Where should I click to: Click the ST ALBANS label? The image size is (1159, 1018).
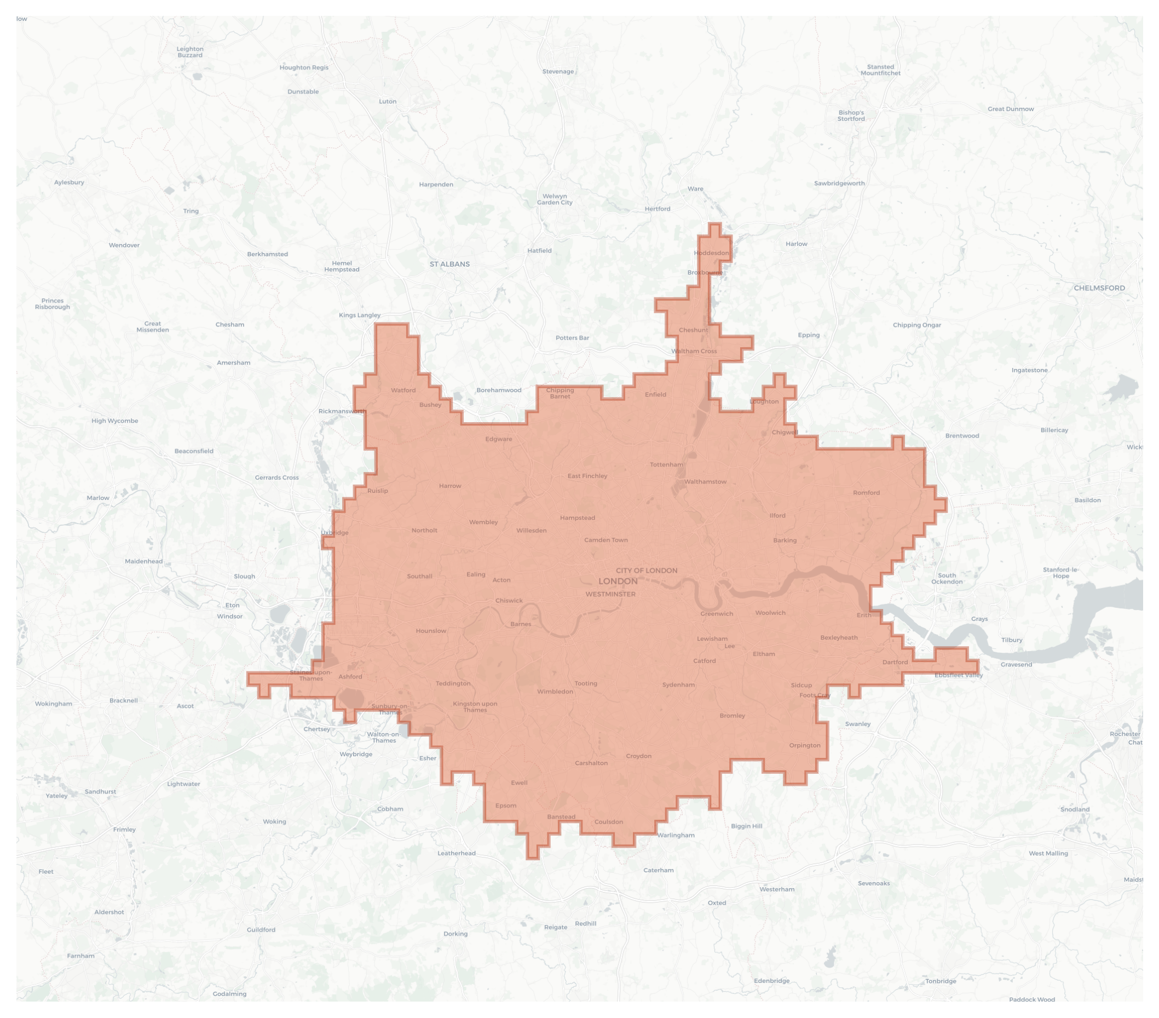(x=449, y=264)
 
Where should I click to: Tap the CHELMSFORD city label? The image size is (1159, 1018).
(x=1099, y=288)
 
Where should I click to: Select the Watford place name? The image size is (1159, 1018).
(x=403, y=390)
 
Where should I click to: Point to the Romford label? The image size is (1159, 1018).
(x=866, y=493)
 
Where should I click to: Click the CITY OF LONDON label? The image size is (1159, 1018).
(x=647, y=571)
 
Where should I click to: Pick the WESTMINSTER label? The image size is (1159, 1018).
(x=610, y=594)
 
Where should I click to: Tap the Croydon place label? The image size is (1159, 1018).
(x=638, y=756)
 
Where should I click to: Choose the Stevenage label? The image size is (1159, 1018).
(x=558, y=71)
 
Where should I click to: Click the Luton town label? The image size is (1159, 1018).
(x=387, y=101)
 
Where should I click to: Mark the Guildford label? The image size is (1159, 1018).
(x=261, y=929)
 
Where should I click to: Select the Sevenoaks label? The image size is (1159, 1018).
(x=873, y=883)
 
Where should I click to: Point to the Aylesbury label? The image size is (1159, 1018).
(x=69, y=182)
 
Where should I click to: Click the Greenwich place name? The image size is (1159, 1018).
(x=716, y=614)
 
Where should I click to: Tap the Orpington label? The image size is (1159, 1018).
(x=804, y=745)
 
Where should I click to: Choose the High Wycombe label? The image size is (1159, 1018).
(x=114, y=421)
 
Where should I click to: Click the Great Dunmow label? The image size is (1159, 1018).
(x=1011, y=109)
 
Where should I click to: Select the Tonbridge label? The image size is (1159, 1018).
(x=940, y=981)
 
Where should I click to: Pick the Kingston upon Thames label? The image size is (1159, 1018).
(x=475, y=706)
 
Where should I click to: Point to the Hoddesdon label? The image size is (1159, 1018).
(x=711, y=253)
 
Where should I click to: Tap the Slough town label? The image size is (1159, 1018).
(x=244, y=576)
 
